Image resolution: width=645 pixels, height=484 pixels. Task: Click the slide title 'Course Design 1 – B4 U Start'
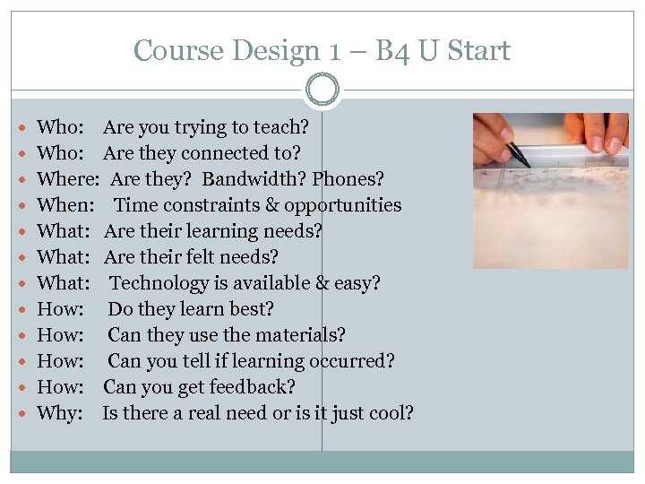(322, 50)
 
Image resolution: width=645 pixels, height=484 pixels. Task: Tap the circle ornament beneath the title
(322, 90)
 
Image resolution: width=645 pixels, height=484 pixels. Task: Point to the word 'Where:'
(67, 179)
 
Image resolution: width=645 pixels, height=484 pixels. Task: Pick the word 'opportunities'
(343, 205)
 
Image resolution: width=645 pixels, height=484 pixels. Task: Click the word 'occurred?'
(351, 361)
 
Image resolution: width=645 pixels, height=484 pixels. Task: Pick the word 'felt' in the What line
(206, 257)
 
